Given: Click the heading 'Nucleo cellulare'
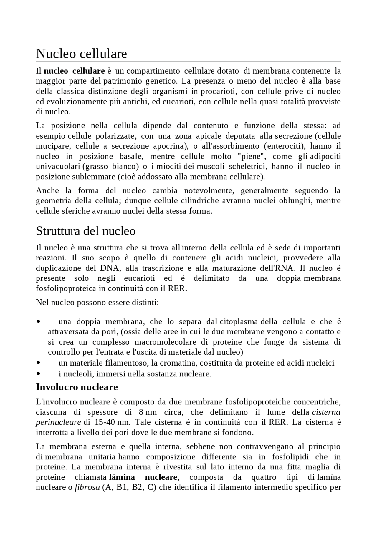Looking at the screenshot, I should [81, 54].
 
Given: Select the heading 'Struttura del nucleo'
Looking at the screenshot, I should [85, 231].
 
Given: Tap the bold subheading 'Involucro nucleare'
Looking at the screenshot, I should [77, 387].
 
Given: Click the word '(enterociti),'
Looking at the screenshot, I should [285, 146].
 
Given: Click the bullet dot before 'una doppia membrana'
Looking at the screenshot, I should [38, 322].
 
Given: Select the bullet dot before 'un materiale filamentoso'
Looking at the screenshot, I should [38, 363].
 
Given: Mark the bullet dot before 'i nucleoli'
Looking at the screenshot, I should [38, 374].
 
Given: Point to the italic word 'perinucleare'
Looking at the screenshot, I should [58, 422].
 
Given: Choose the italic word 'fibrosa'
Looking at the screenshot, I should [87, 487].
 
